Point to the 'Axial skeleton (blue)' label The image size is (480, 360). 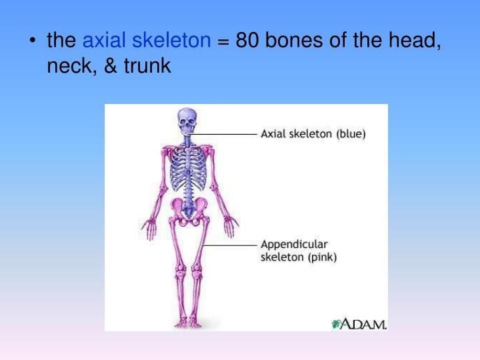(313, 133)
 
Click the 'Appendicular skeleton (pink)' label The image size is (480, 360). (298, 251)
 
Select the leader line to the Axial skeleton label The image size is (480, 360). (227, 134)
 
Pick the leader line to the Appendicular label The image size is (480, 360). (230, 246)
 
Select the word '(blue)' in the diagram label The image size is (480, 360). (351, 133)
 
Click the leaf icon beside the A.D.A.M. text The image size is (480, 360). (337, 324)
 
